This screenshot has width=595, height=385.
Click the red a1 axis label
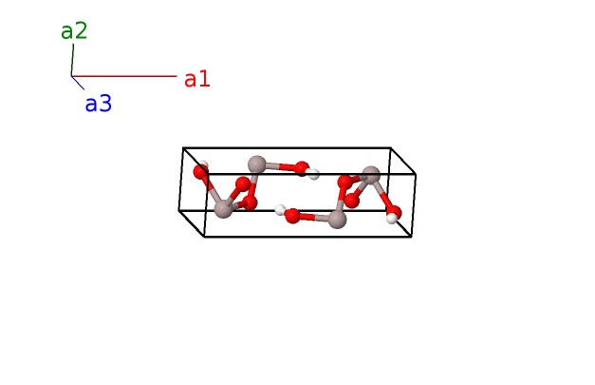tap(196, 79)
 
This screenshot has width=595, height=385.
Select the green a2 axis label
tap(74, 30)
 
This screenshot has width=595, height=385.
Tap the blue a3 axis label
tap(98, 104)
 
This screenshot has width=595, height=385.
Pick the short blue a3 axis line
tap(78, 83)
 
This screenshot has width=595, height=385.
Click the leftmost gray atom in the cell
tap(223, 208)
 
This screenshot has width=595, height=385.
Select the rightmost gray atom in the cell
tap(371, 175)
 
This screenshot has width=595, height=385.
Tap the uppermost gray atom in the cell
tap(256, 164)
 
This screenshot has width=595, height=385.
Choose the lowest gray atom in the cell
tap(337, 220)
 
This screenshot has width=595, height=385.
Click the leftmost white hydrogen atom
tap(204, 165)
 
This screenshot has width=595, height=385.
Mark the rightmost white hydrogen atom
tap(391, 219)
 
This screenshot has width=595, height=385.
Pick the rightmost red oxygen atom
tap(394, 212)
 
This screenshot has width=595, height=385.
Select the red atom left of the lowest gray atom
tap(292, 215)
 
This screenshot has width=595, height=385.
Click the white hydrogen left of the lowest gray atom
tap(281, 210)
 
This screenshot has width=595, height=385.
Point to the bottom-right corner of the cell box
tap(411, 236)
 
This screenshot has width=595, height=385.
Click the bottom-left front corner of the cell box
tap(205, 236)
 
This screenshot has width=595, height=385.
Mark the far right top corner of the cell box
tap(416, 175)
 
